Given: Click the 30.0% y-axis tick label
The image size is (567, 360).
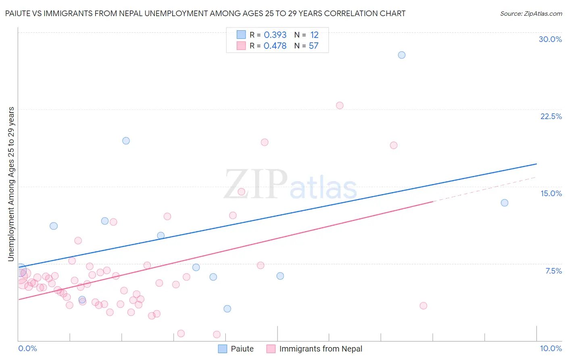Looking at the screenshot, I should point(550,39).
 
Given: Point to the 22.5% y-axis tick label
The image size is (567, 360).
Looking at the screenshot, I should point(551,116).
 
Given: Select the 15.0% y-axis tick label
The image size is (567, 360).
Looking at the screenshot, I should point(551,193).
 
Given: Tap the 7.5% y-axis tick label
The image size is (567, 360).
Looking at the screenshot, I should point(553,271).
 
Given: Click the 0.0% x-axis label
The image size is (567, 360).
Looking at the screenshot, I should point(27,348).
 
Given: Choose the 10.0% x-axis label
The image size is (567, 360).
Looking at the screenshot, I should point(551,348).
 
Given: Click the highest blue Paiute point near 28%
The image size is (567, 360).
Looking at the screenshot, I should point(402,55).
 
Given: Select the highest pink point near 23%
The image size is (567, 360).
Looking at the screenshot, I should point(340,105).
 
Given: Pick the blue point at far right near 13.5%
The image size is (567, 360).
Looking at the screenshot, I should point(504,203).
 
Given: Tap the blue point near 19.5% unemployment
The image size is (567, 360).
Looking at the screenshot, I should point(126,141).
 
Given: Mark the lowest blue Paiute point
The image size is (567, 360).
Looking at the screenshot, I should point(227,309).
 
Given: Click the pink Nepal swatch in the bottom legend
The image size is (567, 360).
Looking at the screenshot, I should point(271,349).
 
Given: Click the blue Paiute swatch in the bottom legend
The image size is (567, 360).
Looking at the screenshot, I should point(223,349).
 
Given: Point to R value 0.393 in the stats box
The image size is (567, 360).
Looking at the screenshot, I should point(275,35).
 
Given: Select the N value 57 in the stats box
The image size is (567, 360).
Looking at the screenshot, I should point(314,46).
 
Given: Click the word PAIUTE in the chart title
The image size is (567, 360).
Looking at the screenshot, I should point(18,13).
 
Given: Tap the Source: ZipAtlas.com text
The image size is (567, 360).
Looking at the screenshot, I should point(531,14).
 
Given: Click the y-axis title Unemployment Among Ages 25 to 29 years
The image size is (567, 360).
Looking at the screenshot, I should point(11,184).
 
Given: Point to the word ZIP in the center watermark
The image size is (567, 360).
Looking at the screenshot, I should point(255,184).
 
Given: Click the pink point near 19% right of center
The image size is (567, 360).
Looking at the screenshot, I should point(394,145).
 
